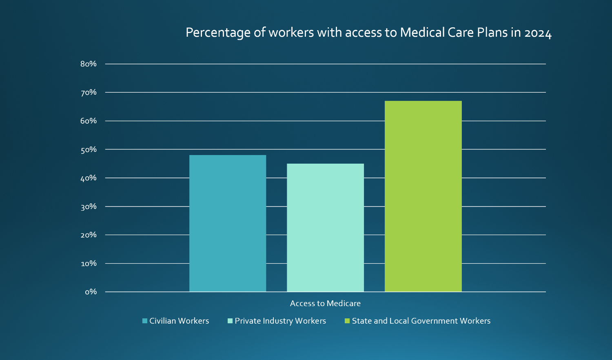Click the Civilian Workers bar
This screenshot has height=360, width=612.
tap(228, 223)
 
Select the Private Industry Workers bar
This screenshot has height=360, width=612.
tap(325, 228)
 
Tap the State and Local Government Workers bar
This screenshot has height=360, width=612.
tap(423, 196)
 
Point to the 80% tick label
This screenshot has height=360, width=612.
tap(89, 64)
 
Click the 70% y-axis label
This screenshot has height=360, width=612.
tap(89, 93)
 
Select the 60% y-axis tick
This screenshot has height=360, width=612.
tap(89, 121)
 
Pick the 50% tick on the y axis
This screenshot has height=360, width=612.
tap(89, 150)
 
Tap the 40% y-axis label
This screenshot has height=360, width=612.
tap(89, 178)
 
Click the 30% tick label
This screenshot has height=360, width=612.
tap(89, 207)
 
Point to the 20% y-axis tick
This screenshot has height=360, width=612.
tap(89, 235)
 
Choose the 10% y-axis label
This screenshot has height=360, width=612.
tap(89, 263)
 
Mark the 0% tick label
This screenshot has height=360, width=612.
tap(91, 292)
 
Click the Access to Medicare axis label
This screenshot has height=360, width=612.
tap(325, 303)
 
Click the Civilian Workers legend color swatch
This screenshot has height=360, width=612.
tap(145, 321)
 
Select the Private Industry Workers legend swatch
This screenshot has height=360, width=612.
tap(230, 321)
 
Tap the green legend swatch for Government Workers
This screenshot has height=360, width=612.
tap(347, 321)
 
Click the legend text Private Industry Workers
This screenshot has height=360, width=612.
tap(280, 321)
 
